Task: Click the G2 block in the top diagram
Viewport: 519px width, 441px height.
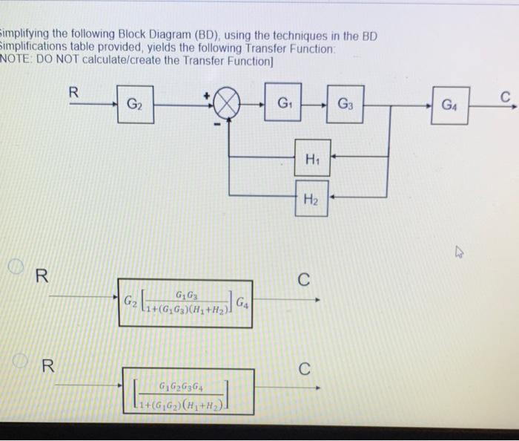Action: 135,103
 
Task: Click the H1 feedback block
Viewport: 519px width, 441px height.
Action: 311,157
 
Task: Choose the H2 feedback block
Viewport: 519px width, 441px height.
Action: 311,197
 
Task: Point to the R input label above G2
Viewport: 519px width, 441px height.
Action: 73,93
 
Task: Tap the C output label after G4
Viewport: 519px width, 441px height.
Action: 505,96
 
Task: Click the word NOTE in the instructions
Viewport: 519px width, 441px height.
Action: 15,60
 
